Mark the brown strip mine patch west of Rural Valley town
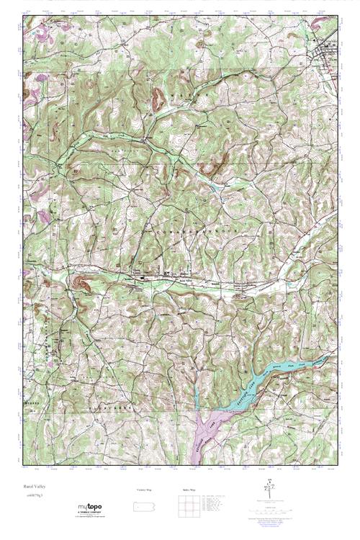[81, 282]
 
